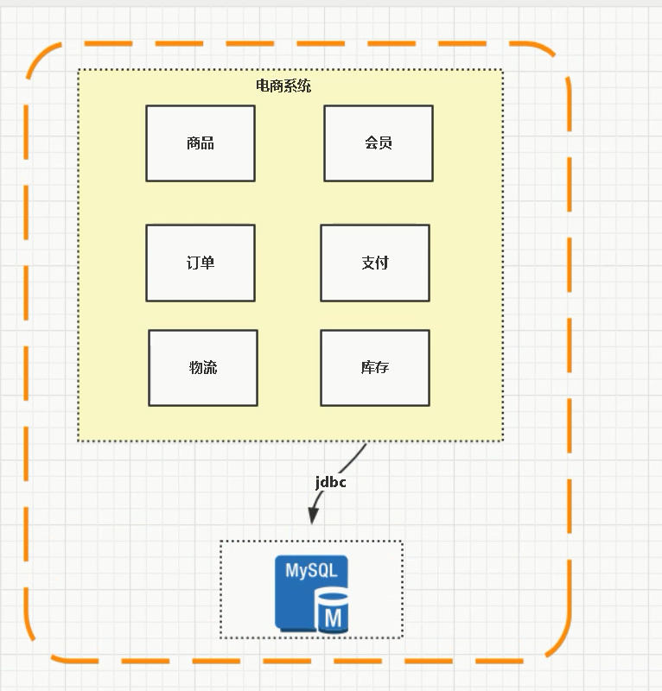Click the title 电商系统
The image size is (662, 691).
click(283, 86)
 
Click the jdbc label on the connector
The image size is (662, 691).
click(330, 482)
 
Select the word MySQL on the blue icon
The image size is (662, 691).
click(311, 571)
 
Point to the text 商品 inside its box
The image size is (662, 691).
click(201, 143)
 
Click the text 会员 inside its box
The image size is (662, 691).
click(379, 143)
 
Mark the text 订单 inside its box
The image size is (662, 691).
click(201, 263)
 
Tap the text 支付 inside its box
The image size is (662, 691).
click(375, 263)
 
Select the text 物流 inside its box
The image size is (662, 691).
click(203, 367)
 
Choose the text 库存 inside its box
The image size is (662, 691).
click(375, 367)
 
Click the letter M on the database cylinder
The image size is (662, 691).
click(334, 618)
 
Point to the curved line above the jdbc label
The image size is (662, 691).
click(354, 456)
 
